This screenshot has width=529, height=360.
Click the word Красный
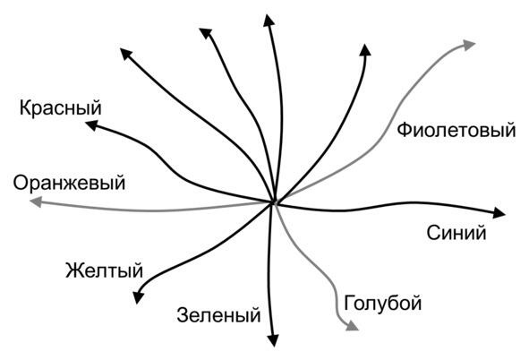[x=60, y=108]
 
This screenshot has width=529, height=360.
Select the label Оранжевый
[x=69, y=184]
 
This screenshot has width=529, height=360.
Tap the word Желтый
[x=104, y=270]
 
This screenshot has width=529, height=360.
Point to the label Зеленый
[x=218, y=315]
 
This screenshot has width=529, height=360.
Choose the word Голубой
[x=383, y=303]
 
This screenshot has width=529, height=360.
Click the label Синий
[x=456, y=233]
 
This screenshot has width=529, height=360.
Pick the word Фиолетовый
[x=456, y=130]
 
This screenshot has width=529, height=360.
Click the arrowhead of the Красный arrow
[x=91, y=125]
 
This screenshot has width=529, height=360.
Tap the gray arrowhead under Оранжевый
[x=36, y=201]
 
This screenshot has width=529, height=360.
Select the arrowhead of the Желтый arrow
[x=138, y=297]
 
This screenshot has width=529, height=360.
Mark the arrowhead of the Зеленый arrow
[x=273, y=340]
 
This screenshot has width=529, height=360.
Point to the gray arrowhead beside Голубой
[x=353, y=326]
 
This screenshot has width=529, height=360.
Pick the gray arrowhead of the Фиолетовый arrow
[x=469, y=45]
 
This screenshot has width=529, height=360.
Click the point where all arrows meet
[x=274, y=202]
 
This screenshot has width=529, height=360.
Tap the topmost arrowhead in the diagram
[x=269, y=21]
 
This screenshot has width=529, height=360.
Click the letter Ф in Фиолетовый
[x=404, y=130]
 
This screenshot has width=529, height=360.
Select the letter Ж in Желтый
[x=73, y=270]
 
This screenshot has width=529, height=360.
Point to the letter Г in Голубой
[x=349, y=302]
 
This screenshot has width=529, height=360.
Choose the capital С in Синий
[x=433, y=233]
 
